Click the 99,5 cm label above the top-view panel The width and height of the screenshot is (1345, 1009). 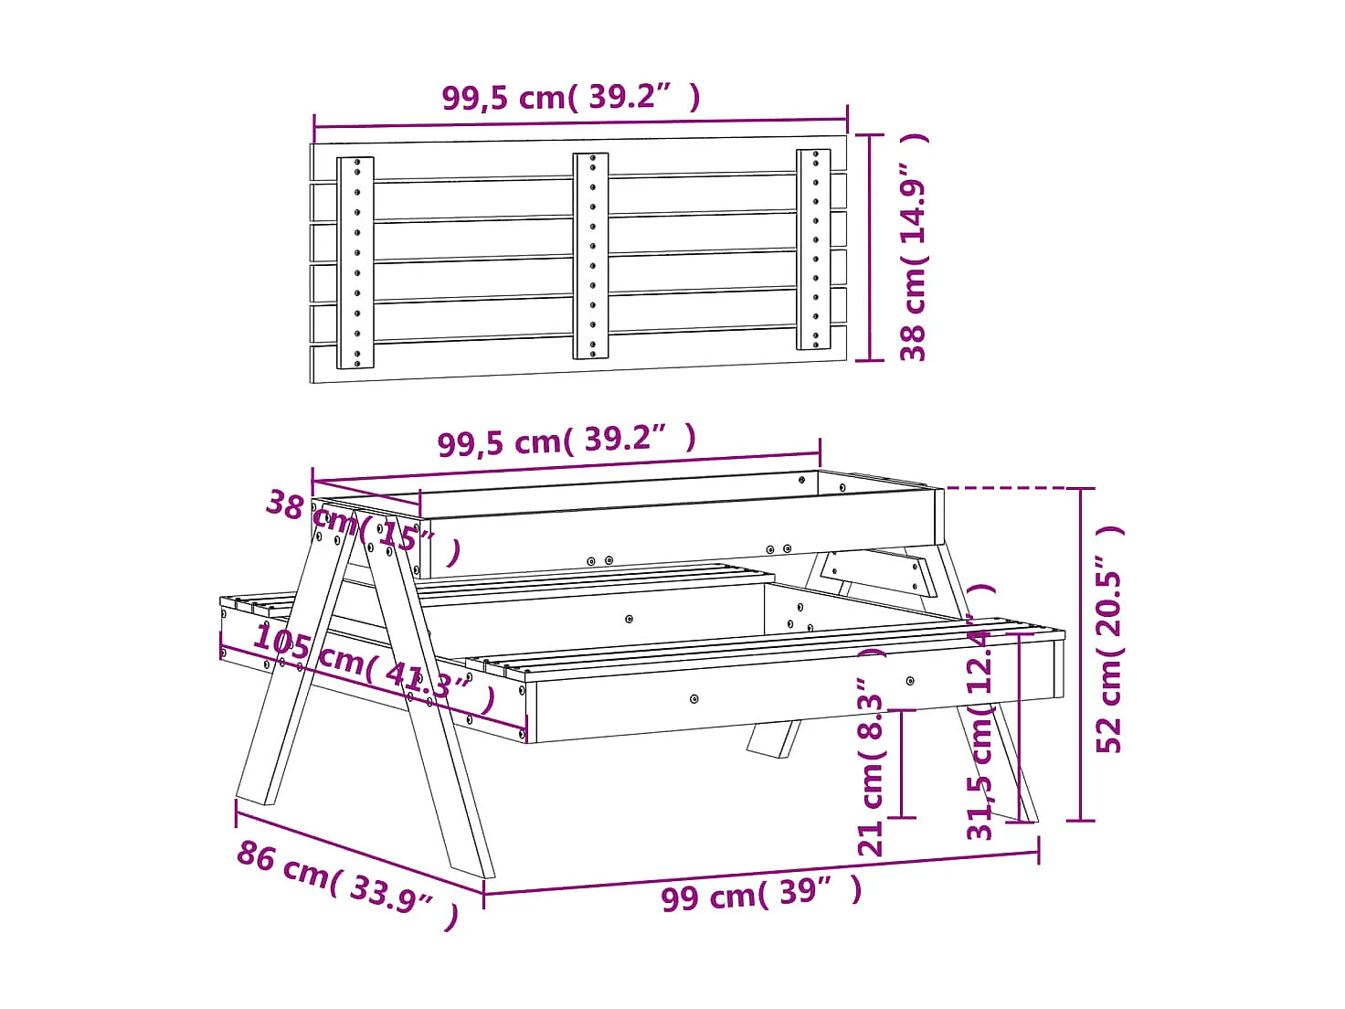coord(571,97)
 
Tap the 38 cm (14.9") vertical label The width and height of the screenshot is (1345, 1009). coord(914,247)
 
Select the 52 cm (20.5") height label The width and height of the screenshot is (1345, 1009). coord(1110,640)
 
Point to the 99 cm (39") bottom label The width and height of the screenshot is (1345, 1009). coord(761,893)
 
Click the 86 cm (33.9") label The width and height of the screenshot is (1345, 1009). coord(347,883)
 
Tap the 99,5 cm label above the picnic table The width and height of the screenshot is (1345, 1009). coord(567,441)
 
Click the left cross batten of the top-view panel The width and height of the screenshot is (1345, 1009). coord(355,262)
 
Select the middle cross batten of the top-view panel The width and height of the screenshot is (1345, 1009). coord(591,256)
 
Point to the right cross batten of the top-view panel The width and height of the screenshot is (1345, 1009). coord(813,249)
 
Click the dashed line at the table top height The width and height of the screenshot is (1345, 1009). coord(1005,488)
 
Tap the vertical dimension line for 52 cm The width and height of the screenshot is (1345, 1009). coord(1081,654)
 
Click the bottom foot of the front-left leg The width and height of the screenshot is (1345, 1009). coord(471,865)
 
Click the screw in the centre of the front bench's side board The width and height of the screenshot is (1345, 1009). coord(694,699)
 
